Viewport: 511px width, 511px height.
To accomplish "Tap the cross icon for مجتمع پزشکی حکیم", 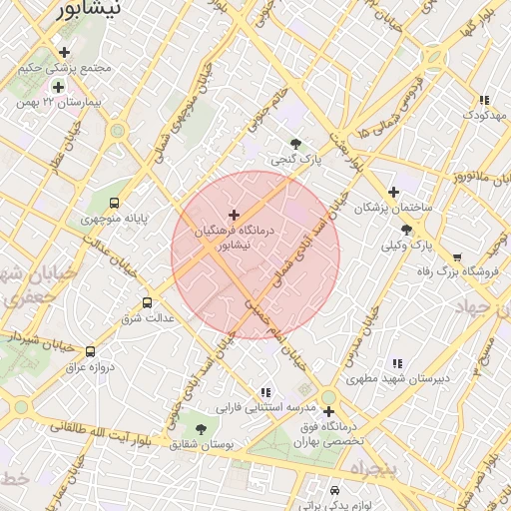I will pyautogui.click(x=65, y=52).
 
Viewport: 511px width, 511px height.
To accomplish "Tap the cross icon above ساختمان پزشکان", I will pyautogui.click(x=393, y=192).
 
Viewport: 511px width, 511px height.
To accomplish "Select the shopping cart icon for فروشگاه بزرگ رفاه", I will pyautogui.click(x=457, y=256).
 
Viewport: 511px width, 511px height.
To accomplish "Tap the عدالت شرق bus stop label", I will pyautogui.click(x=147, y=318).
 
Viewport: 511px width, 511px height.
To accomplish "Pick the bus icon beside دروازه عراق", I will pyautogui.click(x=91, y=351).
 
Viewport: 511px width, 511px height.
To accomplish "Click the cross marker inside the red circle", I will pyautogui.click(x=234, y=215).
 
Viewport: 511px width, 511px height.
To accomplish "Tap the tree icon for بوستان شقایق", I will pyautogui.click(x=201, y=429).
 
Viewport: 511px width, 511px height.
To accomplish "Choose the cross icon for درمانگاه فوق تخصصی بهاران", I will pyautogui.click(x=327, y=410).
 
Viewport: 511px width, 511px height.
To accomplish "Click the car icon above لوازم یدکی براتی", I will pyautogui.click(x=334, y=491).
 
